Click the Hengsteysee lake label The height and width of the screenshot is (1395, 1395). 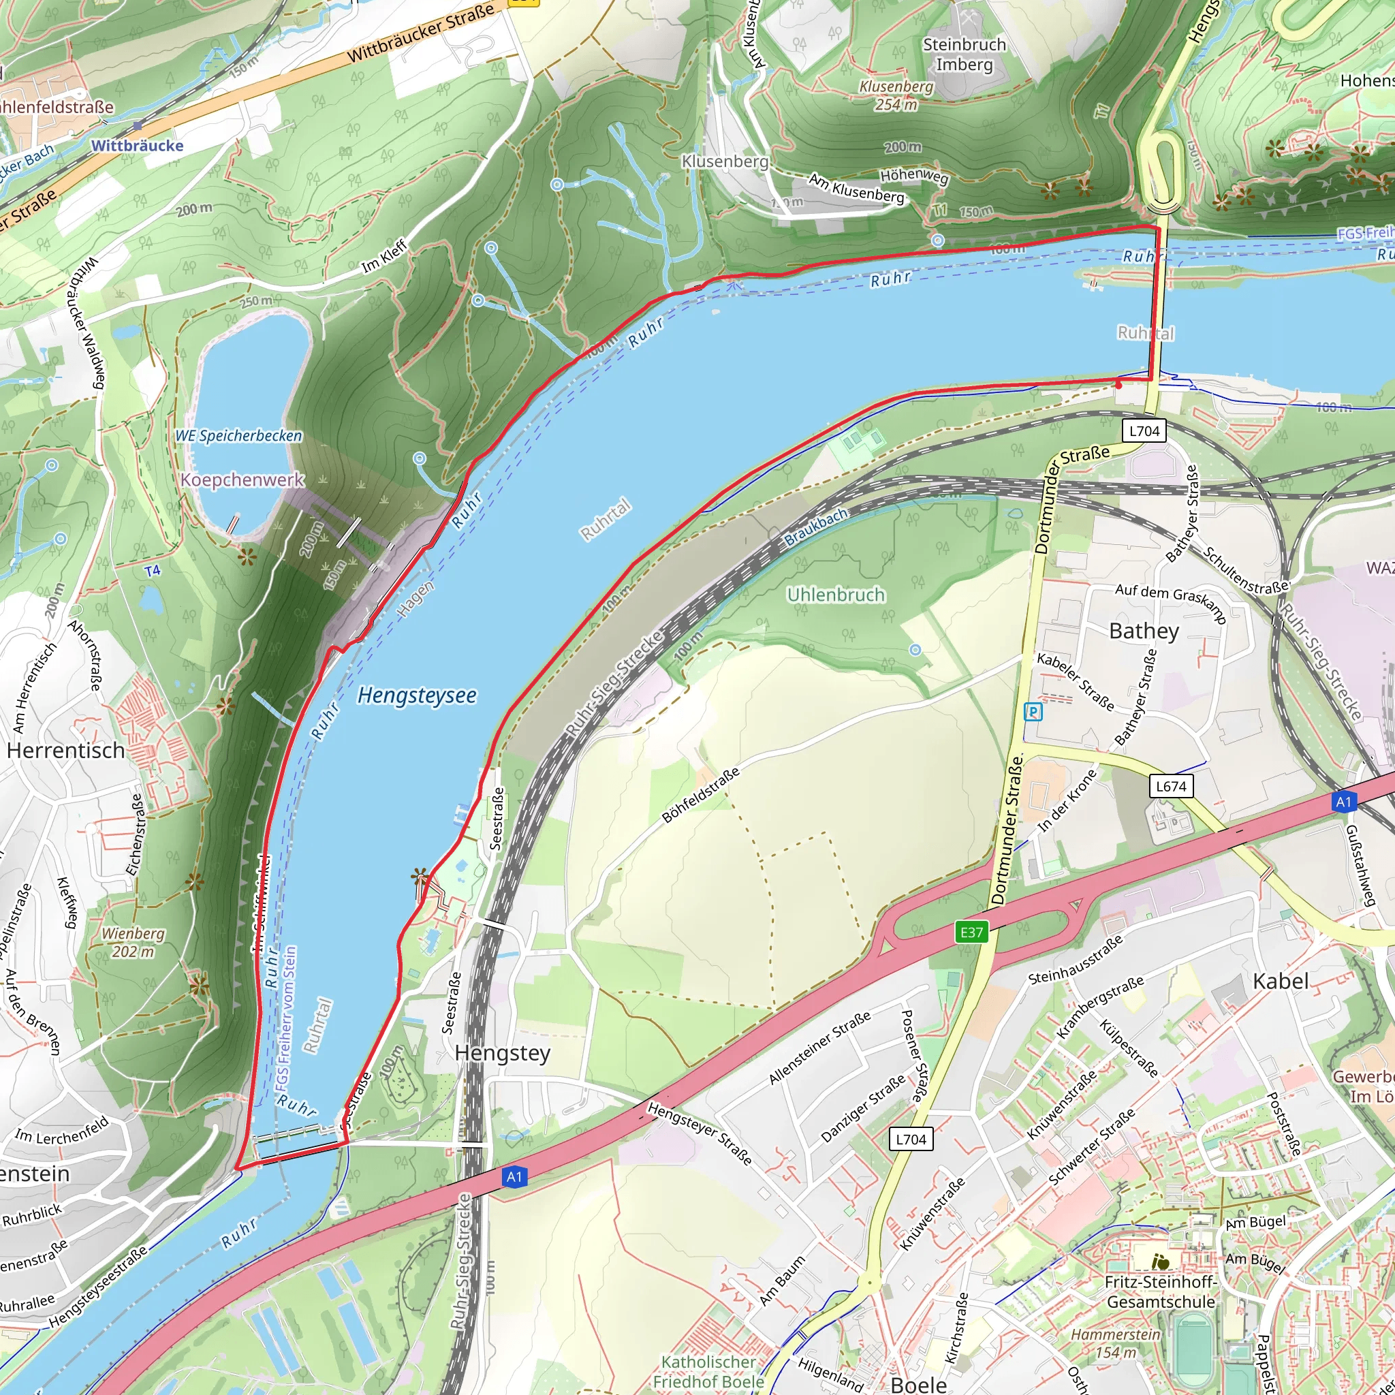coord(417,695)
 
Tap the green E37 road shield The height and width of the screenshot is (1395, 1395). coord(971,932)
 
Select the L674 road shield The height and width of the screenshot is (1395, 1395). coord(1170,786)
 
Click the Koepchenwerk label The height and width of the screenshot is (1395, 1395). coord(242,480)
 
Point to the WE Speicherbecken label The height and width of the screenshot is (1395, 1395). coord(238,436)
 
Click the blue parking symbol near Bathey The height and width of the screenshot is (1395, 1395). coord(1033,712)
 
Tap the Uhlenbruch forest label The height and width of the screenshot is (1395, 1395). coord(835,595)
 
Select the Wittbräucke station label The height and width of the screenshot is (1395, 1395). coord(137,145)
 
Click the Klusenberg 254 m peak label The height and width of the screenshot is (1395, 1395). coord(896,95)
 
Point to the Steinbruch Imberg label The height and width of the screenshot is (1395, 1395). coord(964,54)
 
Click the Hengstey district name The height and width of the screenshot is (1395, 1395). coord(503,1054)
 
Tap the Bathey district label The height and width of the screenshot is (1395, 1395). coord(1144,631)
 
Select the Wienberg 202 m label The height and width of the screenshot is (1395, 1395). coord(133,942)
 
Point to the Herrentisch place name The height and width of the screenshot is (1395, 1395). coord(65,750)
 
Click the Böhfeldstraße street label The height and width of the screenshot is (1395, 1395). coord(701,795)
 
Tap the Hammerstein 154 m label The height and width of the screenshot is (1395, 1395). coord(1116,1343)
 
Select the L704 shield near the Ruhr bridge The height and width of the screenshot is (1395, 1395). coord(1144,431)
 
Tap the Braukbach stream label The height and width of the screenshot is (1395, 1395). coord(816,527)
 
